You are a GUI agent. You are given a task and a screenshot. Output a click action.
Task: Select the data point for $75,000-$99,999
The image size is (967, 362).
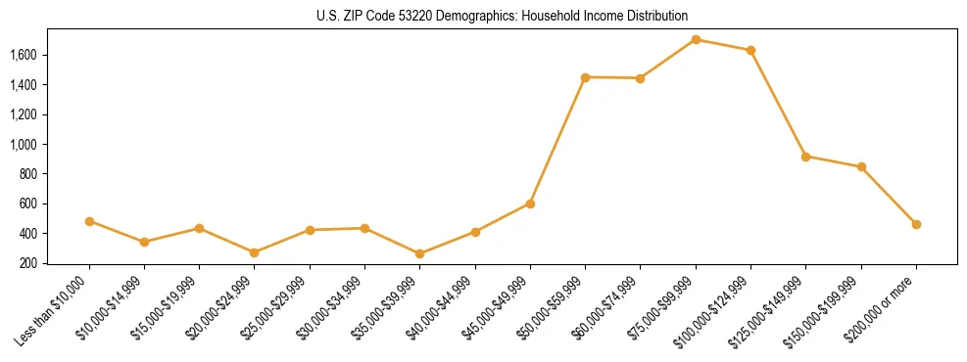tap(696, 40)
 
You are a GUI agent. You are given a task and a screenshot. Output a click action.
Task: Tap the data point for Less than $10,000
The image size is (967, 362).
tap(89, 221)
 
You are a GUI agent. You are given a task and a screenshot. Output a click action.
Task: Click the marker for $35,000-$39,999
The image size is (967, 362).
tap(419, 253)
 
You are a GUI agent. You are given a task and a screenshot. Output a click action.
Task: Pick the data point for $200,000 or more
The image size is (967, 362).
tap(916, 224)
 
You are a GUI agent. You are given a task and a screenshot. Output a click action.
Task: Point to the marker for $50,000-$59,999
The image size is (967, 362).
tap(585, 77)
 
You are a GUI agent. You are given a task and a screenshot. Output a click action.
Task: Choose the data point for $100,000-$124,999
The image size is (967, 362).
tap(750, 50)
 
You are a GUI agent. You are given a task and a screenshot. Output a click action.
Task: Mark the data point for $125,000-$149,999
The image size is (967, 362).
tap(805, 157)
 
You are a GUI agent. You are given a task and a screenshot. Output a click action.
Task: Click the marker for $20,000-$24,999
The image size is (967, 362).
tap(254, 252)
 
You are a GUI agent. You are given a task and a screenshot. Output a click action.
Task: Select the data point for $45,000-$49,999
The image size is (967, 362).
tap(530, 204)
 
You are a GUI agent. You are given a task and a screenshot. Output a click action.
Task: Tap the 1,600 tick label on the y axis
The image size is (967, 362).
tap(23, 55)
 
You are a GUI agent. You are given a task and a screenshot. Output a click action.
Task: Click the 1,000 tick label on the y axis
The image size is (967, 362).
tap(23, 144)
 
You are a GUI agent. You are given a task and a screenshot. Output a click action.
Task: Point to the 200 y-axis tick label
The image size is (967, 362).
tap(28, 263)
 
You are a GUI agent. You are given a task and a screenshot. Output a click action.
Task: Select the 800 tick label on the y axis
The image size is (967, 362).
tap(28, 174)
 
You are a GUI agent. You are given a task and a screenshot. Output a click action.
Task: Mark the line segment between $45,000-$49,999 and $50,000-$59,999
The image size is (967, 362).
tap(557, 140)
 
